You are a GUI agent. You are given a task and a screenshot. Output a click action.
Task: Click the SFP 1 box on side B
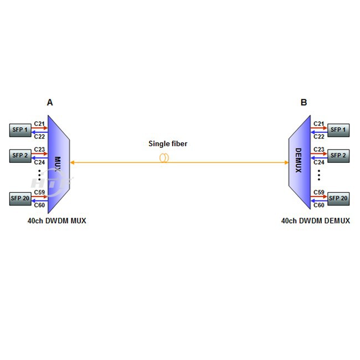pyautogui.click(x=338, y=130)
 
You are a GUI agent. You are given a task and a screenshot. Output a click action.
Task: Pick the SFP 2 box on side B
pyautogui.click(x=338, y=156)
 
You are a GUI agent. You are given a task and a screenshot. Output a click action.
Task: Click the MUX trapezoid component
pyautogui.click(x=58, y=164)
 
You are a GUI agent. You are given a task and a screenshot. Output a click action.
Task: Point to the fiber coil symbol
pyautogui.click(x=164, y=158)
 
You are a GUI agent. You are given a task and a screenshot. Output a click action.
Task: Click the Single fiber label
pyautogui.click(x=168, y=144)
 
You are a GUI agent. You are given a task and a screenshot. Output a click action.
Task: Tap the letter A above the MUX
pyautogui.click(x=50, y=102)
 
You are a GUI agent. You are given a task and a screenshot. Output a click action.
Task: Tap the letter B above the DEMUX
pyautogui.click(x=304, y=102)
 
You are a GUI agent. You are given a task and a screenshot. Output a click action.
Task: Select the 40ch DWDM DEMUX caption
pyautogui.click(x=315, y=220)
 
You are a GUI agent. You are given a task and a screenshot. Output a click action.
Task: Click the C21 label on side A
pyautogui.click(x=39, y=124)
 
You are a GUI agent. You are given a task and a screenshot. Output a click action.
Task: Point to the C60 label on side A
pyautogui.click(x=39, y=205)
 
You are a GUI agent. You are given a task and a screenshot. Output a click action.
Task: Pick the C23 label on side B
pyautogui.click(x=319, y=149)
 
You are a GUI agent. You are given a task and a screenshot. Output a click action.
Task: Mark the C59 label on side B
pyautogui.click(x=319, y=192)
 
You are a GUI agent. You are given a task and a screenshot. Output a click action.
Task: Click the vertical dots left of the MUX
pyautogui.click(x=39, y=177)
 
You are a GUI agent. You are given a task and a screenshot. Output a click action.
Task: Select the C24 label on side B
pyautogui.click(x=319, y=162)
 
